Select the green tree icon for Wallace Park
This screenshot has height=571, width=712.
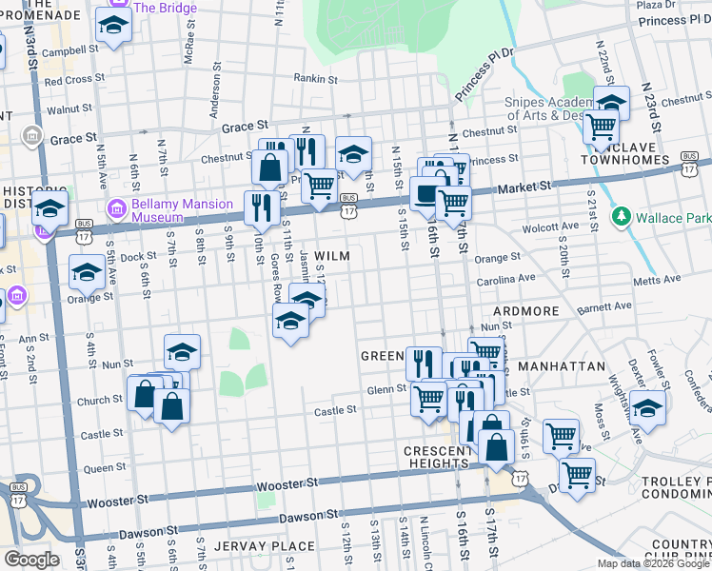[x=622, y=217]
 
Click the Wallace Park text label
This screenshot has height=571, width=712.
[x=673, y=218]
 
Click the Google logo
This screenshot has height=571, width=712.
[x=31, y=560]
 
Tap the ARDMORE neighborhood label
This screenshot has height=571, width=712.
[x=524, y=311]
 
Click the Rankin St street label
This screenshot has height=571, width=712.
[x=315, y=79]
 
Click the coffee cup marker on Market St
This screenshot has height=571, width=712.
[x=425, y=192]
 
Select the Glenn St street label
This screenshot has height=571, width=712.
[x=386, y=389]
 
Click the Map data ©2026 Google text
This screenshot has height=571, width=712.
[x=654, y=563]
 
